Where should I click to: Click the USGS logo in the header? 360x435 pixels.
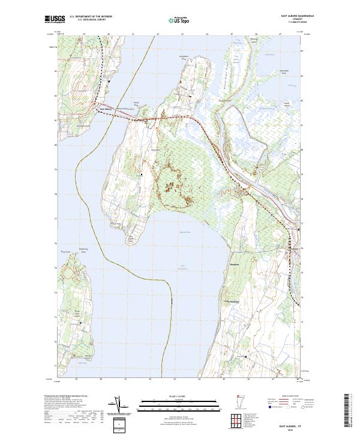55,20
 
